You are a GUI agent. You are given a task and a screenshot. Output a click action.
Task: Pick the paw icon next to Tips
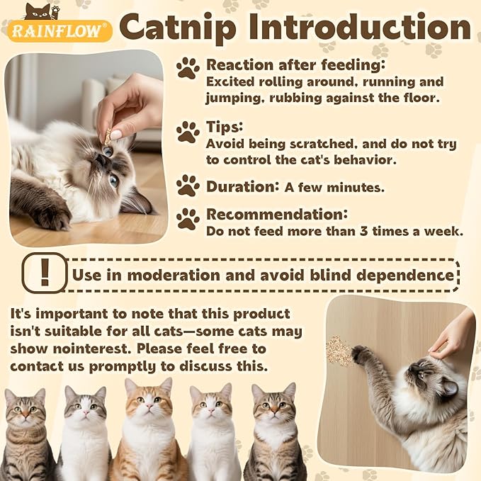(x=188, y=132)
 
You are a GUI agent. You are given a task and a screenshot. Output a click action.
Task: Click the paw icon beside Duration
(x=188, y=186)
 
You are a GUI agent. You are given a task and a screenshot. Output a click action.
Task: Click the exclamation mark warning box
(x=44, y=272)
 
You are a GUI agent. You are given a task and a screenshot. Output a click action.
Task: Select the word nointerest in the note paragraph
(x=86, y=349)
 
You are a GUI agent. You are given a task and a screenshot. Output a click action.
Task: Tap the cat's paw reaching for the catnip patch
(x=363, y=353)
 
